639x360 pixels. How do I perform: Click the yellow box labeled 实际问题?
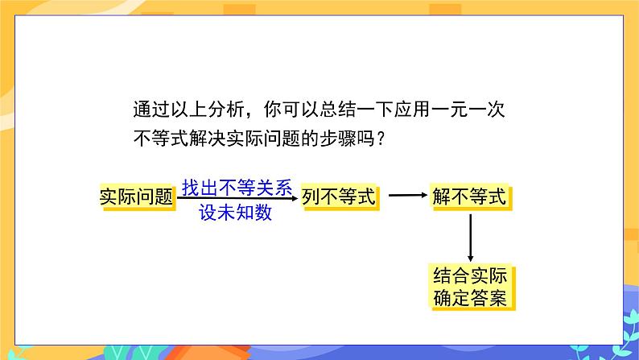click(137, 197)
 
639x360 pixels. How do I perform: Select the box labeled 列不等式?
click(339, 197)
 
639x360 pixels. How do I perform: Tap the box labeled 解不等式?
click(469, 197)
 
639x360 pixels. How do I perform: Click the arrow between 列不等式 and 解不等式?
click(407, 196)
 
